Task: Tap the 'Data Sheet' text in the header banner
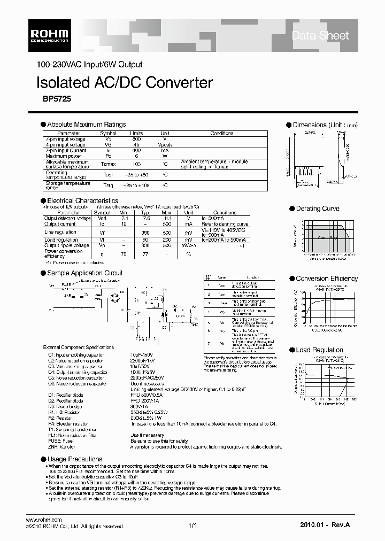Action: pos(320,36)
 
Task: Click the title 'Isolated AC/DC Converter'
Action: pos(124,83)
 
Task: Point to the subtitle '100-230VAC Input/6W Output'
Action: pos(89,65)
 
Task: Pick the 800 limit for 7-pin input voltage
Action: pos(136,138)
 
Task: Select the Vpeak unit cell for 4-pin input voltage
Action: pos(165,144)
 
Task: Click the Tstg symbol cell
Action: pos(109,185)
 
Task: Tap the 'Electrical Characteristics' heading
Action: pos(83,200)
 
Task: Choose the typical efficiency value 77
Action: pos(144,254)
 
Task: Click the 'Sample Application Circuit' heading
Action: pos(85,273)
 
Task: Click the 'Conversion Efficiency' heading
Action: pos(327,279)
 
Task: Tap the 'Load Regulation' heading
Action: pos(319,350)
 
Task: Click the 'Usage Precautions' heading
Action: pos(74,459)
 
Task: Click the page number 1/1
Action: pos(192,526)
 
